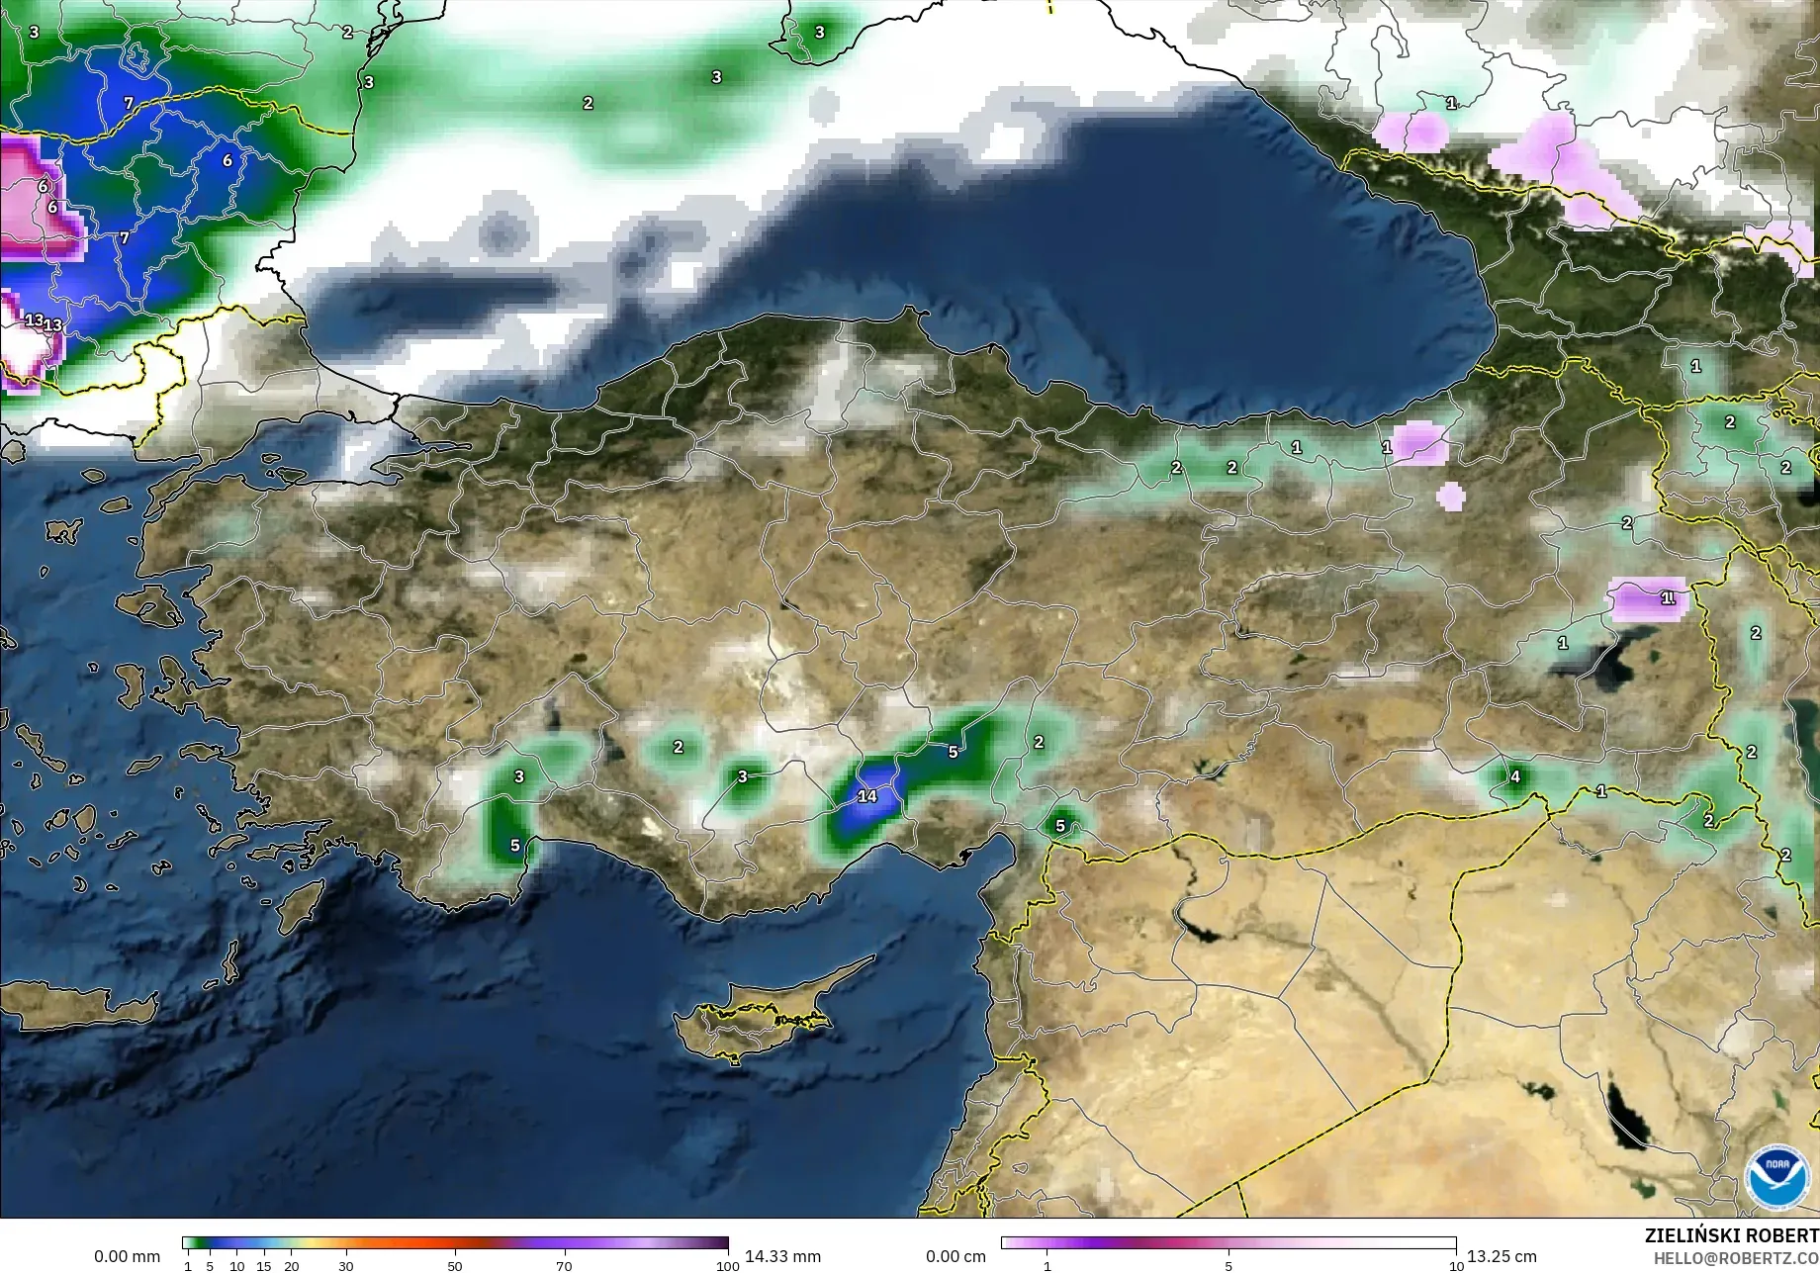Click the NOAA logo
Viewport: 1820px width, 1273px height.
1776,1176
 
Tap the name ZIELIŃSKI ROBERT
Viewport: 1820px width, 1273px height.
1731,1235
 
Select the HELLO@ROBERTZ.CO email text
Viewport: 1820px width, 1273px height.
1736,1258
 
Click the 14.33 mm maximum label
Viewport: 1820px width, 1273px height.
782,1256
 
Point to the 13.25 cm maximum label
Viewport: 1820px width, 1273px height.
1501,1256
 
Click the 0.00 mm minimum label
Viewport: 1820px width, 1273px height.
127,1256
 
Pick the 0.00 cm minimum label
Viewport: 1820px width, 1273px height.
955,1256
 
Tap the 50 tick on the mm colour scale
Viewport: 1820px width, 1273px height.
455,1265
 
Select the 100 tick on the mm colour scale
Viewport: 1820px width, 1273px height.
727,1265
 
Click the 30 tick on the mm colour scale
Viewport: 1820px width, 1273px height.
346,1265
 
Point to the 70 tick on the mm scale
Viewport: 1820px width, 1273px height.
564,1265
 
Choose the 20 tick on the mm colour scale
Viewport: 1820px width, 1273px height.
291,1265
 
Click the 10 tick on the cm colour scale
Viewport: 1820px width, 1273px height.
1456,1265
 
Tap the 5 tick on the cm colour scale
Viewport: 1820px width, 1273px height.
1228,1265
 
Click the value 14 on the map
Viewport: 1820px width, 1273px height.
867,796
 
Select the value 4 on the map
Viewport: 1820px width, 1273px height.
1514,776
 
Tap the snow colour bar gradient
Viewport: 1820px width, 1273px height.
1228,1243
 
